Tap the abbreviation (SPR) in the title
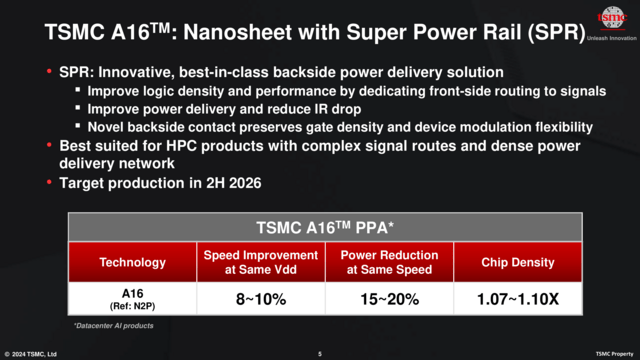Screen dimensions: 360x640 click(553, 32)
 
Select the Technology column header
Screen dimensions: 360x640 click(132, 262)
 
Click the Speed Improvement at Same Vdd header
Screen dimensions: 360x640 click(260, 262)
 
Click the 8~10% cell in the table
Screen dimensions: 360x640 click(260, 298)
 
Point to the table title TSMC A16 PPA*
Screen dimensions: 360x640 click(320, 226)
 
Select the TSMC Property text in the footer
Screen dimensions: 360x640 click(615, 353)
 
